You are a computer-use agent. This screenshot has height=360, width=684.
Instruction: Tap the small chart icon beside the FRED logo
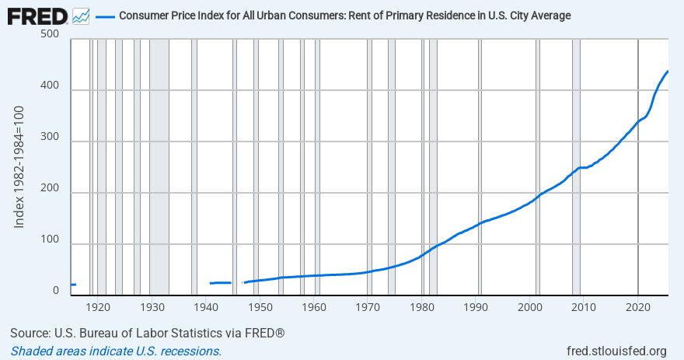click(81, 16)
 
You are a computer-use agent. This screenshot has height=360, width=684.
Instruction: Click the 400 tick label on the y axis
click(50, 90)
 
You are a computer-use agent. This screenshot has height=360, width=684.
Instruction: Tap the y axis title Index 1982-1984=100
click(20, 168)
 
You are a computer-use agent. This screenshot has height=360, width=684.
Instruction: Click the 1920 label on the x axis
click(97, 307)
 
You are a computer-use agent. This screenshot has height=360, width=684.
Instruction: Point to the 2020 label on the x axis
click(638, 307)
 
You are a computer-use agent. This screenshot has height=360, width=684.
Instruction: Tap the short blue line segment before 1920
click(73, 285)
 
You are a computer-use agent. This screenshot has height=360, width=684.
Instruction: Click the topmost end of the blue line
click(668, 72)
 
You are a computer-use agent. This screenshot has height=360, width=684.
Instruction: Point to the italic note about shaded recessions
click(116, 351)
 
